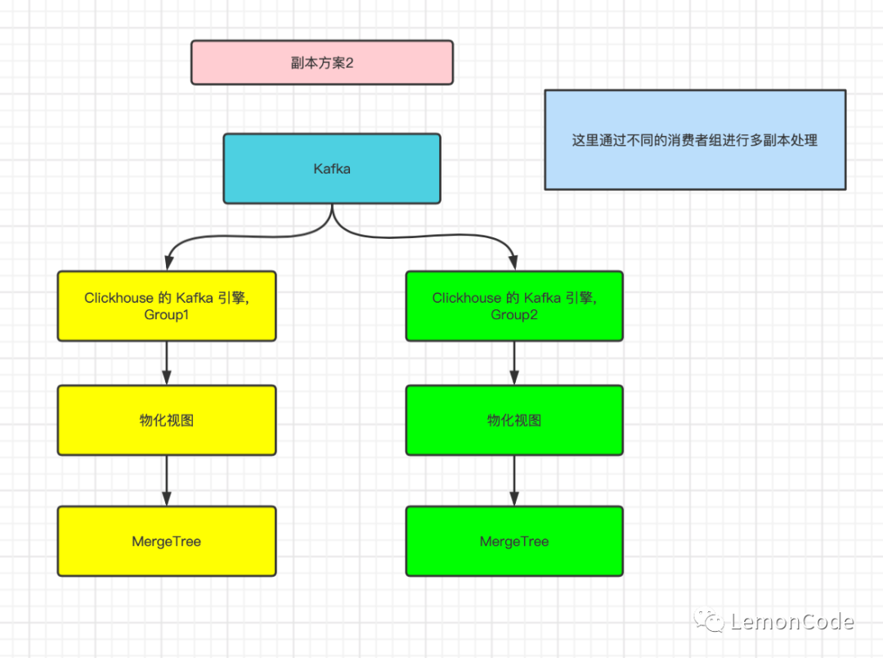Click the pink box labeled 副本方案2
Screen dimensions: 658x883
tap(321, 62)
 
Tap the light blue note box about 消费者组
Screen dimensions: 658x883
tap(695, 140)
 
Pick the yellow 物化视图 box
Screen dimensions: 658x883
tap(167, 420)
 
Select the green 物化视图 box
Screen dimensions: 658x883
tap(514, 420)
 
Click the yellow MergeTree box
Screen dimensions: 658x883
tap(167, 541)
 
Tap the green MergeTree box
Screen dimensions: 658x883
tap(514, 541)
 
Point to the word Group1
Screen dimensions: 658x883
tap(167, 315)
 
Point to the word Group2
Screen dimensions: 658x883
tap(514, 315)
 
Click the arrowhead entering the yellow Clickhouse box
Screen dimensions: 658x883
tap(167, 263)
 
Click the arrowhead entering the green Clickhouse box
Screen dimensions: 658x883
tap(514, 263)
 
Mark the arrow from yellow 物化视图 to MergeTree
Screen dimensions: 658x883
tap(167, 481)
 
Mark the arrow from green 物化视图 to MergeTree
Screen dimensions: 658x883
tap(514, 481)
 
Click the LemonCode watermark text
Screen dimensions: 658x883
tap(791, 622)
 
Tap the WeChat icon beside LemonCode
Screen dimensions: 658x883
tap(709, 621)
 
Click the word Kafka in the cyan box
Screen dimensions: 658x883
tap(331, 169)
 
